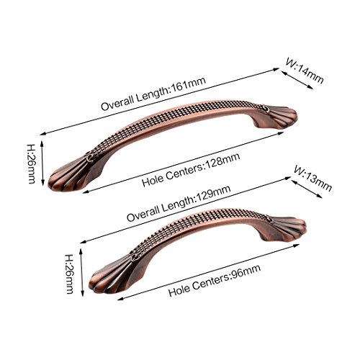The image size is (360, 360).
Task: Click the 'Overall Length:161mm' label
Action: click(x=153, y=94)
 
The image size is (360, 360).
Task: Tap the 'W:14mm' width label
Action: click(x=305, y=71)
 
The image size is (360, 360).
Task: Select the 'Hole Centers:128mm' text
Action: click(x=191, y=170)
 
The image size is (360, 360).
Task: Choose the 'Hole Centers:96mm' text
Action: click(x=215, y=281)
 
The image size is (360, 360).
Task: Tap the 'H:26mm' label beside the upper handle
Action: click(x=32, y=164)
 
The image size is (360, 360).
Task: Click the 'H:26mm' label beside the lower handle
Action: click(x=69, y=274)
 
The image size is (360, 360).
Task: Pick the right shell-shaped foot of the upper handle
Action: click(x=279, y=117)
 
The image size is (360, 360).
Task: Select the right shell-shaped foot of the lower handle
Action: click(x=286, y=228)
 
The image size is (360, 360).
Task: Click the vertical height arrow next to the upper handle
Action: click(x=42, y=163)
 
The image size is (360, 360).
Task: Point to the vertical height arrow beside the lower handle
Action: click(x=81, y=272)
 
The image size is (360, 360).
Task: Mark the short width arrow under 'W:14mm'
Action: click(x=297, y=80)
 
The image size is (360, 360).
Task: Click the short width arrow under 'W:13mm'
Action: click(x=307, y=189)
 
